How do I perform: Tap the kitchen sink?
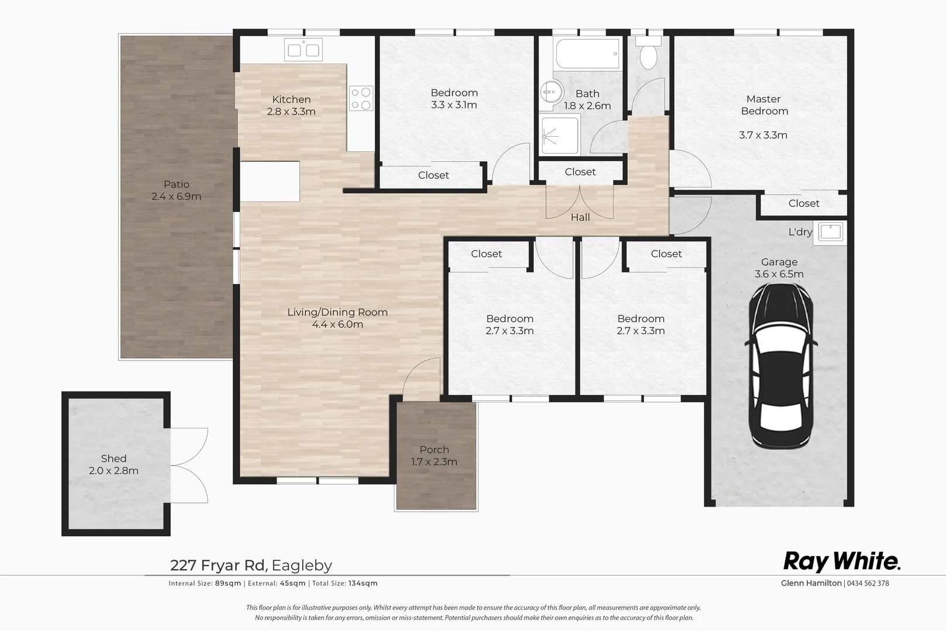coord(303,50)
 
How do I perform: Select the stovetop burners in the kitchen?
coord(361,99)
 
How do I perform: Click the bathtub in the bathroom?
coord(588,53)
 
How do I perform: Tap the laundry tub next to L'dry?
coord(830,232)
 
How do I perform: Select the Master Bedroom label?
coord(764,105)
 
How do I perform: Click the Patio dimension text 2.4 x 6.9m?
coord(176,197)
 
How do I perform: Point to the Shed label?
coord(113,459)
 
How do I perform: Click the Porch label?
coord(434,450)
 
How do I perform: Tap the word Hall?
coord(580,217)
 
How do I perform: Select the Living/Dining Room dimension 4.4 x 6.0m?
coord(337,325)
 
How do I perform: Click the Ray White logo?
coord(841,561)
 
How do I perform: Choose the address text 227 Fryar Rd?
coord(219,566)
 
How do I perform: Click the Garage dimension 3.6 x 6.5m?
coord(779,274)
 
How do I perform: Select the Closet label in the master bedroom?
coord(804,203)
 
